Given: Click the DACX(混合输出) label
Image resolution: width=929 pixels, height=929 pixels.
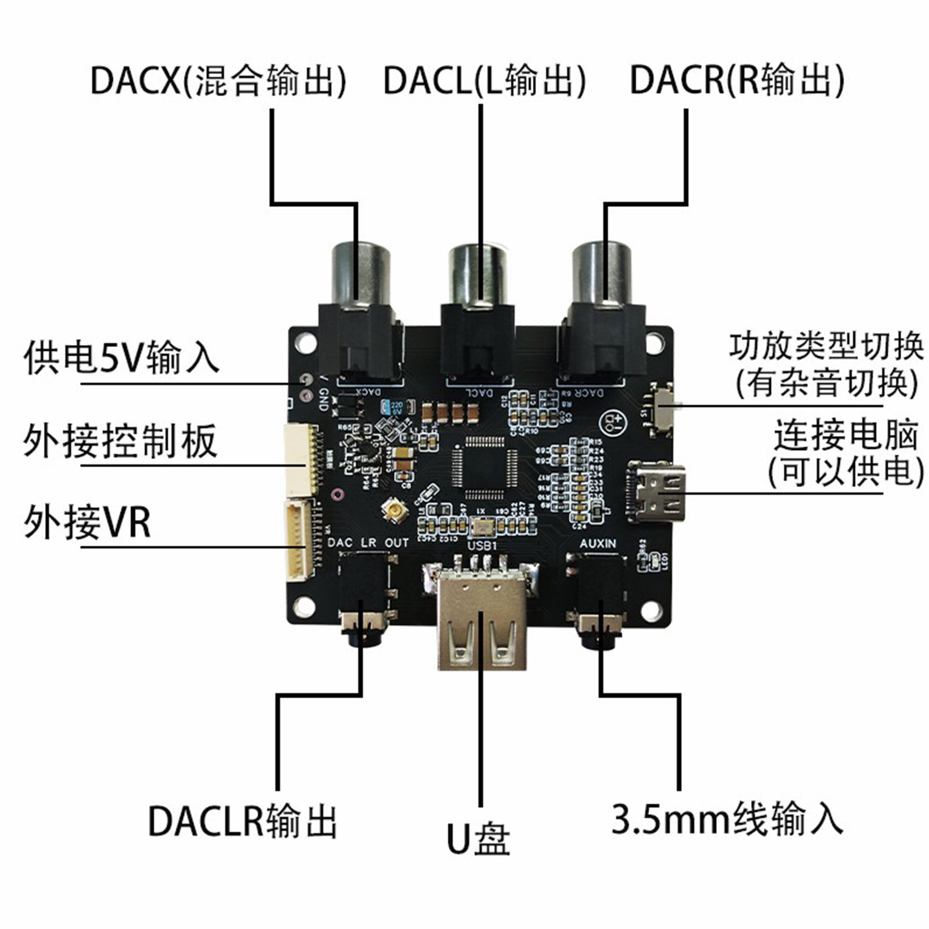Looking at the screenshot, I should [218, 81].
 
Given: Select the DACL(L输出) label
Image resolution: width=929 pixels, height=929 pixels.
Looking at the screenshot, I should [484, 81].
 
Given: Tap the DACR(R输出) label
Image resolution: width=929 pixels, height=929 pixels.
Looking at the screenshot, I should [736, 81].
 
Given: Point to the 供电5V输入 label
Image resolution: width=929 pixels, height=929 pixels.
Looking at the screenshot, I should [121, 358].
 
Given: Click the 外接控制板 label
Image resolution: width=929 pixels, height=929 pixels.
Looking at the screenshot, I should [120, 442].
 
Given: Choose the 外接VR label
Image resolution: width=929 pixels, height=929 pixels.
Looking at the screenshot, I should [87, 523].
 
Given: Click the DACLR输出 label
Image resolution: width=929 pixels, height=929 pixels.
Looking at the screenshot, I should [243, 821].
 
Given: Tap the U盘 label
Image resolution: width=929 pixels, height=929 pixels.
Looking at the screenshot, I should [479, 839].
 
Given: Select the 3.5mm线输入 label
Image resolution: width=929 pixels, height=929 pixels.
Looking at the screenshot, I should [727, 819].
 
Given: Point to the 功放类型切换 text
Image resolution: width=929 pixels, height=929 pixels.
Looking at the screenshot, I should [826, 346].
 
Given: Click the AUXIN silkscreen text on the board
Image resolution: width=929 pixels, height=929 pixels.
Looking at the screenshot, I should [597, 544].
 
